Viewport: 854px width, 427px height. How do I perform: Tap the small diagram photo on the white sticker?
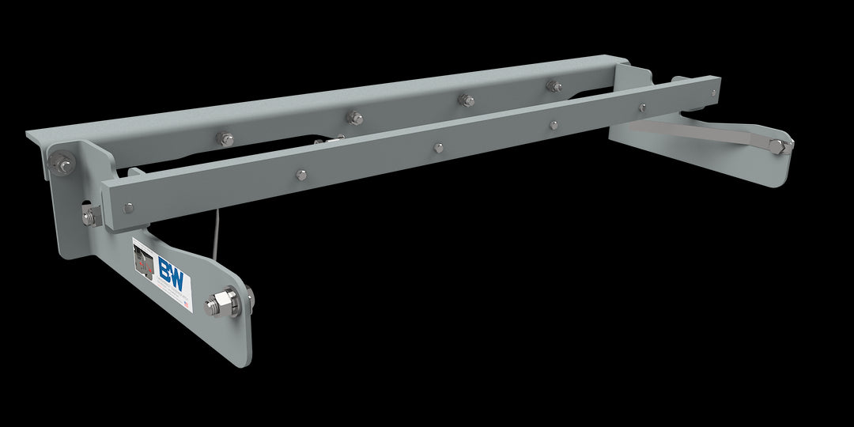click(144, 262)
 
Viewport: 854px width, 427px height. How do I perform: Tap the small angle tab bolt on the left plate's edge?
click(88, 216)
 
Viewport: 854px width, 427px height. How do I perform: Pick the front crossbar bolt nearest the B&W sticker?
click(128, 208)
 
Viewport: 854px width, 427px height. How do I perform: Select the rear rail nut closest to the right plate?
click(553, 85)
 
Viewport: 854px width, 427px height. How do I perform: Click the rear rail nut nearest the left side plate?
click(225, 139)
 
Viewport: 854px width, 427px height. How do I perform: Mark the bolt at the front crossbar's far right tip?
click(641, 107)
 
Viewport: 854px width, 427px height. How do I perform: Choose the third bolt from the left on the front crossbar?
click(437, 147)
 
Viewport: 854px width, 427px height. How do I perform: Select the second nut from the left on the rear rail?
click(356, 118)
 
